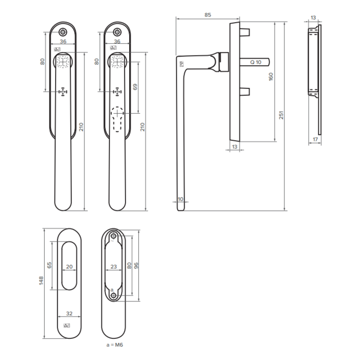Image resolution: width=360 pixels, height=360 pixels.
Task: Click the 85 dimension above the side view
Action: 208,15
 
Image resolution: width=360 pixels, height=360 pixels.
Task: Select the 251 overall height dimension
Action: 281,115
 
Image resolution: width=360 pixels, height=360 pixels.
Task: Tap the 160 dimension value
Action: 271,77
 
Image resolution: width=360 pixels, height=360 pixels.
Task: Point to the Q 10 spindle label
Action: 256,62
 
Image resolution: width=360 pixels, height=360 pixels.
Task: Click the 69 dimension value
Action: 135,87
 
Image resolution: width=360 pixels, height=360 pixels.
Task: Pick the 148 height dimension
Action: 41,281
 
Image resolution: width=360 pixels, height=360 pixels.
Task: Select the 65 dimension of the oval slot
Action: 49,265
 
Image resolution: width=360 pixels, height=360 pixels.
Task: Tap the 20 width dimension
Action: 69,267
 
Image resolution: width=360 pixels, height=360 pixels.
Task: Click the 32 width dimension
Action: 69,313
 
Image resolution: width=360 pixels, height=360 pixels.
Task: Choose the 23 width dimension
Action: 114,267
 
